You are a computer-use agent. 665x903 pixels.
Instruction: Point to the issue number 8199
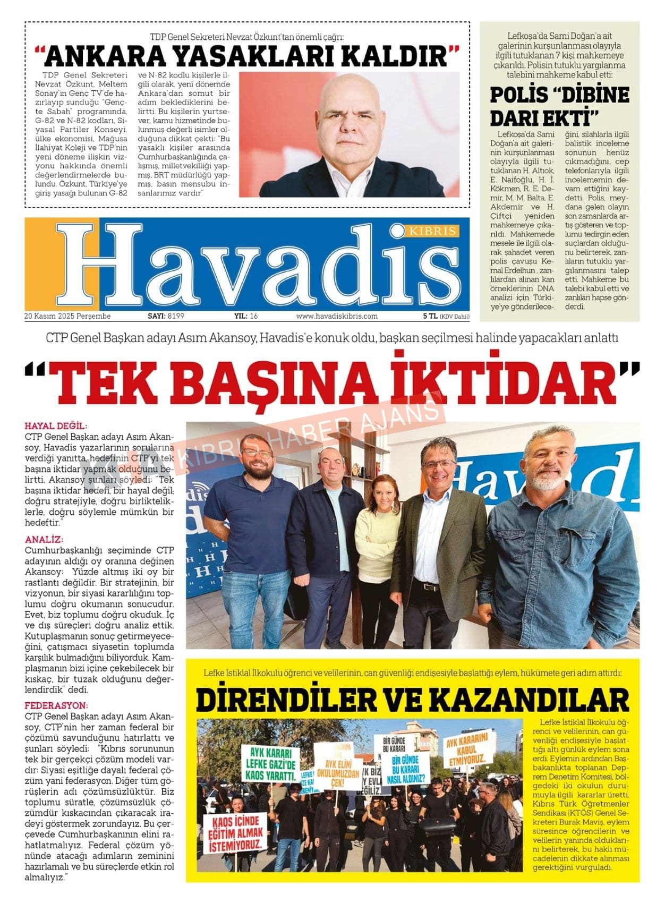tap(176, 316)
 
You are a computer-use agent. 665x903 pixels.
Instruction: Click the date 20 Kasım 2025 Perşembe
tap(67, 316)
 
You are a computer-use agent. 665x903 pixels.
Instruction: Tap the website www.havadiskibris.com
tap(337, 316)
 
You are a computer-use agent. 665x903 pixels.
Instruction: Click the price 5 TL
tap(430, 316)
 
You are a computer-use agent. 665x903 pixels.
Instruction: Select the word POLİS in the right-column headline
tap(519, 95)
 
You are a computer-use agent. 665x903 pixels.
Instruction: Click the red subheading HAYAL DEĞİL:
tap(56, 426)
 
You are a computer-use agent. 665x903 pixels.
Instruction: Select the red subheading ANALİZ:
tap(44, 540)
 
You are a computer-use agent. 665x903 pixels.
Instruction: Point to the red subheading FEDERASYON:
tap(55, 706)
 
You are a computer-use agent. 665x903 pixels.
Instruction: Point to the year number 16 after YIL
tap(253, 316)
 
